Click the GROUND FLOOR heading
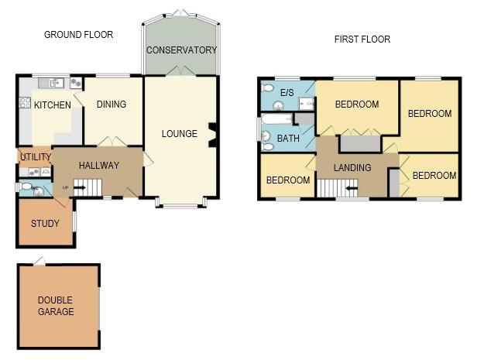click(x=78, y=34)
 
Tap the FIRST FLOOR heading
click(x=362, y=39)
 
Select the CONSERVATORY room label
click(x=182, y=50)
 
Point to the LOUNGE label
click(x=180, y=133)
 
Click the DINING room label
click(x=111, y=105)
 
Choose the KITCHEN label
click(x=53, y=105)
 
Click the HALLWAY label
click(x=99, y=165)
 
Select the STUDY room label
click(x=45, y=224)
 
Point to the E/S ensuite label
click(x=287, y=93)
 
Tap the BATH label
click(x=288, y=139)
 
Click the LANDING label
click(x=352, y=167)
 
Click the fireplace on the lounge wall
click(x=213, y=133)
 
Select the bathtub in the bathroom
click(x=276, y=120)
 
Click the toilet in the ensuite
click(x=268, y=89)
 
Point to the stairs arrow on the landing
click(x=350, y=187)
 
